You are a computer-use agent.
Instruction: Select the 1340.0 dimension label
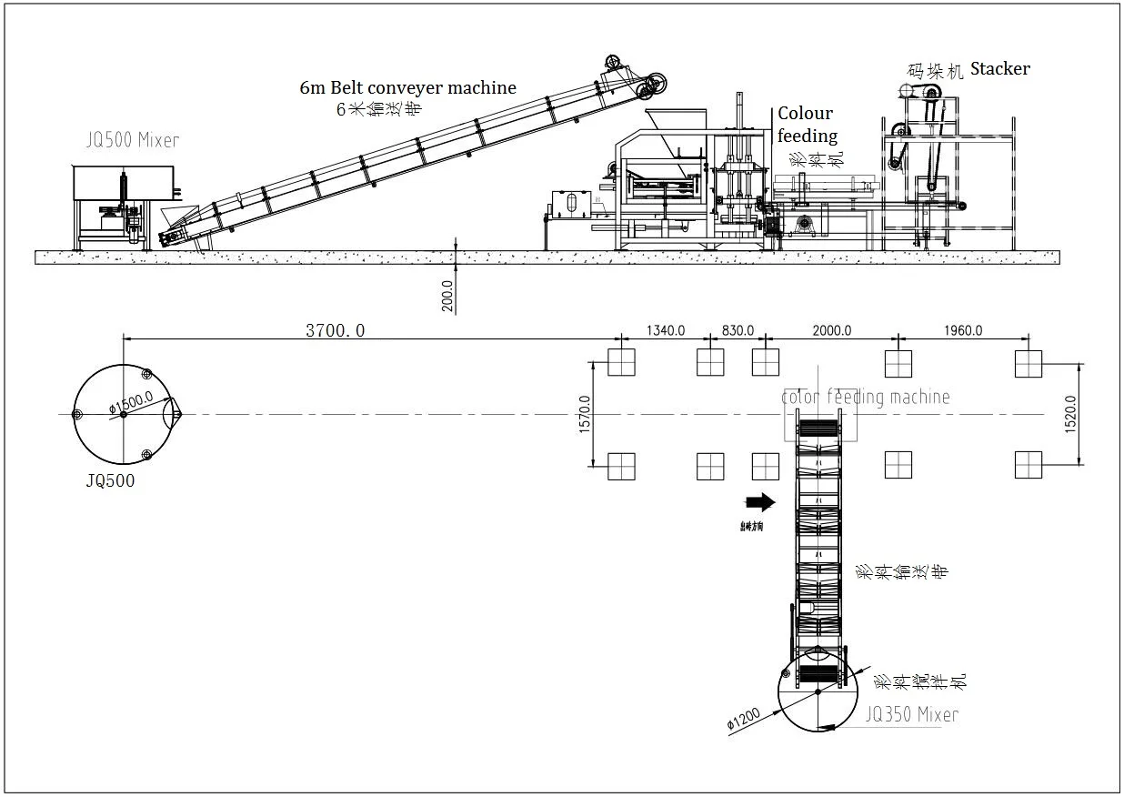pyautogui.click(x=665, y=330)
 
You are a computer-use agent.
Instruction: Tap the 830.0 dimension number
pyautogui.click(x=738, y=330)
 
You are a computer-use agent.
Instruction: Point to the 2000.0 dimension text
pyautogui.click(x=831, y=330)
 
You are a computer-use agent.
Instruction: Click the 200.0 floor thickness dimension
pyautogui.click(x=447, y=295)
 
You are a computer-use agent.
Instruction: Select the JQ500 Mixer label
pyautogui.click(x=133, y=140)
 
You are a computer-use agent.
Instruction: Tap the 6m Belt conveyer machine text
pyautogui.click(x=408, y=88)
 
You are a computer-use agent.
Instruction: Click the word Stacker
pyautogui.click(x=1000, y=68)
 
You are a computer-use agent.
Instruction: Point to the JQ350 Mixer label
pyautogui.click(x=911, y=715)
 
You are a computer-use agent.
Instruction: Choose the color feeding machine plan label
pyautogui.click(x=866, y=397)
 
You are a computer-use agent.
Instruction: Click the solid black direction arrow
pyautogui.click(x=758, y=501)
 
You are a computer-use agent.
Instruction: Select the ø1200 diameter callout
pyautogui.click(x=743, y=718)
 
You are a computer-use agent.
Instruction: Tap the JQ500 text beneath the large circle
pyautogui.click(x=110, y=481)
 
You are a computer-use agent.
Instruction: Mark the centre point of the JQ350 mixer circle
pyautogui.click(x=818, y=692)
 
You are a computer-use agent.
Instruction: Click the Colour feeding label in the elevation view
pyautogui.click(x=806, y=125)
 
